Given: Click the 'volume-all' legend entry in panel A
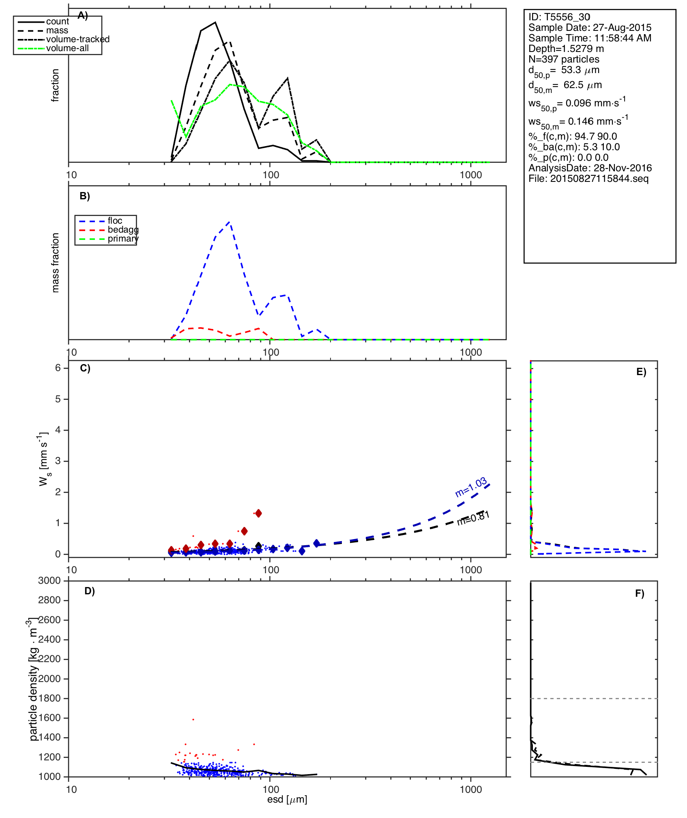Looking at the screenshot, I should pyautogui.click(x=67, y=48).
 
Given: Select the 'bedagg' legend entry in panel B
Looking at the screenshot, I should pyautogui.click(x=123, y=230).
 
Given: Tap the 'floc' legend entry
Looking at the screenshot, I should pyautogui.click(x=115, y=221).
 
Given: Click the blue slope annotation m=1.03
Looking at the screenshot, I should pyautogui.click(x=471, y=487).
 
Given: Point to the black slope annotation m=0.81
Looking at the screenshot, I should pyautogui.click(x=474, y=518).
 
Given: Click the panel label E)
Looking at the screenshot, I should pyautogui.click(x=641, y=372).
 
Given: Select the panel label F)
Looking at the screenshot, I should pyautogui.click(x=640, y=594).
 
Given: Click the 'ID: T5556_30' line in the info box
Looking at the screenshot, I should pyautogui.click(x=559, y=17).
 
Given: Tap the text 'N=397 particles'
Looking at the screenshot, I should pyautogui.click(x=564, y=59).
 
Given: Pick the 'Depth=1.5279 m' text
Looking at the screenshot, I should pyautogui.click(x=566, y=49).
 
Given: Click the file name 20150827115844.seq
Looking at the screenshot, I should pyautogui.click(x=588, y=179).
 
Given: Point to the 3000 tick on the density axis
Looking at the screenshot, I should pyautogui.click(x=49, y=581).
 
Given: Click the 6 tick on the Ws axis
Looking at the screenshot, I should pyautogui.click(x=58, y=368).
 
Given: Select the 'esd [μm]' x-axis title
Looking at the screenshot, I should pyautogui.click(x=287, y=799).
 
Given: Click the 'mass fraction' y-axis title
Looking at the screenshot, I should pyautogui.click(x=56, y=263).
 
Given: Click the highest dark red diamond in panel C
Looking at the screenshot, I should pyautogui.click(x=259, y=513).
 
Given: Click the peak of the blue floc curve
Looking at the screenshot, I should pyautogui.click(x=230, y=222).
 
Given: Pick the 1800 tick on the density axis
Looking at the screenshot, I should pyautogui.click(x=49, y=698).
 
